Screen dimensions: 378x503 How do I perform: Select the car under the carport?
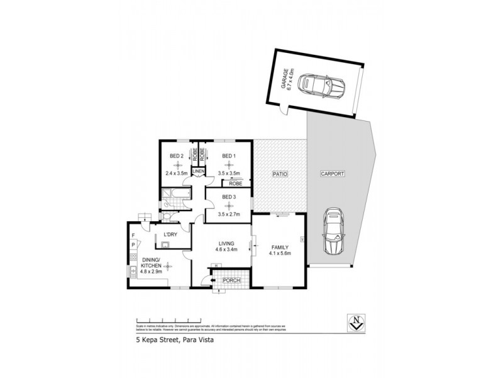(334, 232)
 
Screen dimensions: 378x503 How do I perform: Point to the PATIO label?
(280, 173)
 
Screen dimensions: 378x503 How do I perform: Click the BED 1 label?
(228, 156)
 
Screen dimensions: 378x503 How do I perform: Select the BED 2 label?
(177, 156)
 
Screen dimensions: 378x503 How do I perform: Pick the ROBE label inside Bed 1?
(236, 184)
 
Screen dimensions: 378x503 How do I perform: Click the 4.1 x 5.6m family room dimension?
(280, 254)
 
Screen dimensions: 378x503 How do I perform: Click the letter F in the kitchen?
(133, 235)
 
